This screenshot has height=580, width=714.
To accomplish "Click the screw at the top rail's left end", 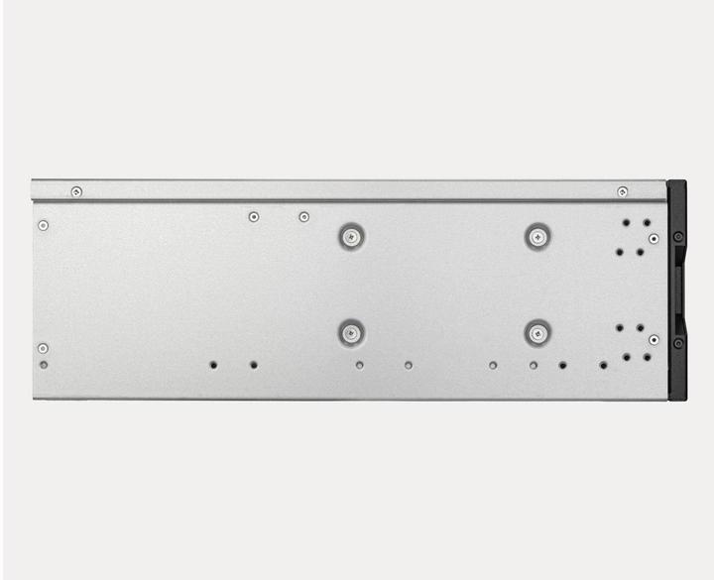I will pyautogui.click(x=76, y=191).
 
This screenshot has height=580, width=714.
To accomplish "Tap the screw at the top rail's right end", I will pyautogui.click(x=623, y=191).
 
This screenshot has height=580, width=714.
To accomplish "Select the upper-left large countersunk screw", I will pyautogui.click(x=350, y=236).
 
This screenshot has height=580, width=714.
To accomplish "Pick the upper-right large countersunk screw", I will pyautogui.click(x=537, y=236).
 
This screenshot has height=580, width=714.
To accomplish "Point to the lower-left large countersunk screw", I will pyautogui.click(x=350, y=333).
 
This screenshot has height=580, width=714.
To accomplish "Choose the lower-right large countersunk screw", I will pyautogui.click(x=537, y=333).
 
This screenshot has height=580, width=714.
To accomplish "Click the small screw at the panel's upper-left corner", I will pyautogui.click(x=43, y=225).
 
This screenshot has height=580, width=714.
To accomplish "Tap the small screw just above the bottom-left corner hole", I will pyautogui.click(x=43, y=348).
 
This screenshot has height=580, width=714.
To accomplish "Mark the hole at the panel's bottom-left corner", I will pyautogui.click(x=43, y=364).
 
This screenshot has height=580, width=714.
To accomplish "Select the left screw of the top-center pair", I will pyautogui.click(x=254, y=216).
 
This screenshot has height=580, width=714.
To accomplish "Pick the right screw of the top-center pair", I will pyautogui.click(x=303, y=216).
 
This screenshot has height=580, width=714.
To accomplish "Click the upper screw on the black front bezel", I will pyautogui.click(x=678, y=237).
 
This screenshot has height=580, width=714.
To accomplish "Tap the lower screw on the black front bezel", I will pyautogui.click(x=678, y=343).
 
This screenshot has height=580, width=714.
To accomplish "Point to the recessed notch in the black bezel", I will pyautogui.click(x=683, y=290).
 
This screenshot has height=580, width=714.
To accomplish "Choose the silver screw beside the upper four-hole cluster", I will pyautogui.click(x=654, y=239).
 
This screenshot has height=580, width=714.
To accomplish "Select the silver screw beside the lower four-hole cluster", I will pyautogui.click(x=654, y=339).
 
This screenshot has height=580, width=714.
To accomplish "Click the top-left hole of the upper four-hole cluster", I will pyautogui.click(x=626, y=223).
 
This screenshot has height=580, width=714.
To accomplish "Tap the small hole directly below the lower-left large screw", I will pyautogui.click(x=359, y=365).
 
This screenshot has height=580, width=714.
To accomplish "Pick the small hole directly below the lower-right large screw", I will pyautogui.click(x=534, y=365).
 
